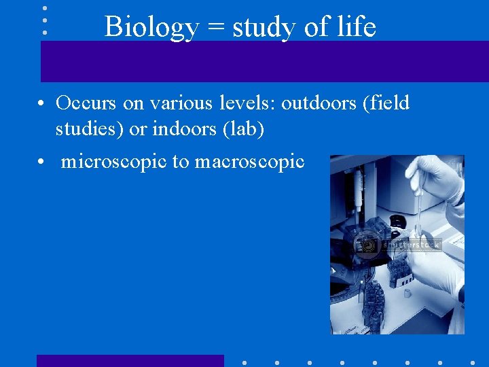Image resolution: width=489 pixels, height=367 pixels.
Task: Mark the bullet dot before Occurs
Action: coord(41,104)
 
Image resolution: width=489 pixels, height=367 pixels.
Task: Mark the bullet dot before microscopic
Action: coord(41,162)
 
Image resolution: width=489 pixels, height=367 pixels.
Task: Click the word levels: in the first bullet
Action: coord(244,103)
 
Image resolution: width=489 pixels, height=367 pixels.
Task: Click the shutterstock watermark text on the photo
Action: coord(412,245)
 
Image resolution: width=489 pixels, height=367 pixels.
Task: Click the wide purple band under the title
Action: coord(264,61)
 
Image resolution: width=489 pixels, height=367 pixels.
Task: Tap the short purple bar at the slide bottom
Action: coord(130,361)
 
